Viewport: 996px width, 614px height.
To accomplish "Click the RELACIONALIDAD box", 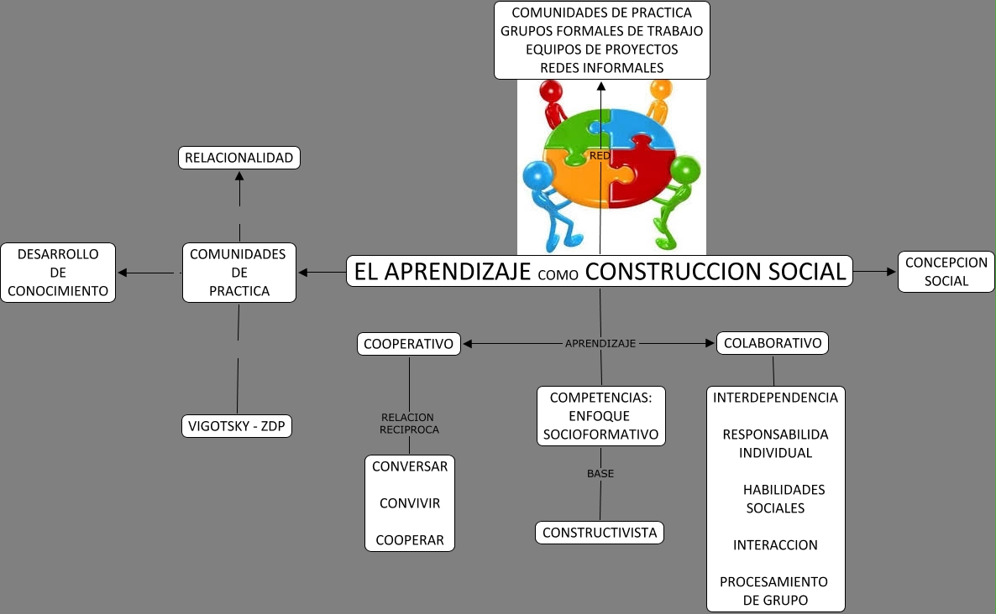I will coord(239,158).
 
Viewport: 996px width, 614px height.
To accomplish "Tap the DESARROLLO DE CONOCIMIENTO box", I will coord(58,273).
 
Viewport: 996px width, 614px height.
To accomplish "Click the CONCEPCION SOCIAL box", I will coord(946,272).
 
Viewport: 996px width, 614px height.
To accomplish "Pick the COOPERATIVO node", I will coord(409,343).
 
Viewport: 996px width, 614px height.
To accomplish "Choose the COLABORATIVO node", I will coord(773,343).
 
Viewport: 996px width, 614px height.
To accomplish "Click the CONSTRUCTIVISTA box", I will coord(600,533).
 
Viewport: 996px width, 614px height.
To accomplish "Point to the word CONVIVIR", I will coord(410,503).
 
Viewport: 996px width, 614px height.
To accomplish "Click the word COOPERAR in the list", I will coord(410,540).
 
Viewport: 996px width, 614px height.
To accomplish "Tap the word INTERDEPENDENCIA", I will coord(775,398).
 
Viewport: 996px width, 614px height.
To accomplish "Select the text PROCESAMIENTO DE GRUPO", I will coord(774,591).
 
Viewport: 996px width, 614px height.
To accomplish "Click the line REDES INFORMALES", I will coord(601,67).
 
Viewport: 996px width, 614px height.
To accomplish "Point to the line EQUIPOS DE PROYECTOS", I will coord(601,49).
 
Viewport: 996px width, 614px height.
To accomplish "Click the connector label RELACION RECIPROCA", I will coord(409,424).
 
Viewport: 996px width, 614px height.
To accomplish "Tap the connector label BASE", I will coord(600,473).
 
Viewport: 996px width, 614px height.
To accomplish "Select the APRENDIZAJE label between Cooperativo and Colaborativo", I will coord(600,343).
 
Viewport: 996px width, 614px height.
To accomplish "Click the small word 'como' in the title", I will coord(558,274).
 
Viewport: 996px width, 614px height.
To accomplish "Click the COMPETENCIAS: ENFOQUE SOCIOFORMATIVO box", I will coord(601,416).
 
